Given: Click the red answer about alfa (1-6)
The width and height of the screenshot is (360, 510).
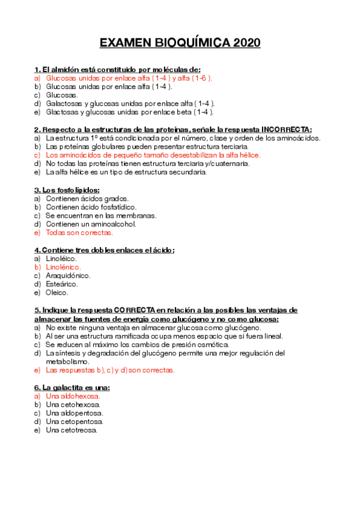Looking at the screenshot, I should (129, 78).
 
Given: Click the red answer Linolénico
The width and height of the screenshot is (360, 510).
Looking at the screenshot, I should (63, 267).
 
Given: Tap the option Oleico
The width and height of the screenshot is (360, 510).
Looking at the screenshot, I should (57, 293).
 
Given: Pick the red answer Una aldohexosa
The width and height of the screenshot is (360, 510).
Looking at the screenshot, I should (73, 396).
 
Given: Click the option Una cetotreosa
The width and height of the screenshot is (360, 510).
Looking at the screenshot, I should (71, 431).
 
